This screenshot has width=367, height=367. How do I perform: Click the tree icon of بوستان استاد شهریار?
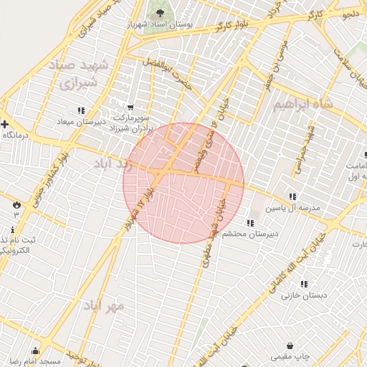159,13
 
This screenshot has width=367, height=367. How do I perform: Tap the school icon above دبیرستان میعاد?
80,110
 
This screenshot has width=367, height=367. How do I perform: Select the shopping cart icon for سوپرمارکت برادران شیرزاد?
130,107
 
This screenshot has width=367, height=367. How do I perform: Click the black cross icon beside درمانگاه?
4,123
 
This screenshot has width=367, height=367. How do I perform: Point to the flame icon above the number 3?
16,204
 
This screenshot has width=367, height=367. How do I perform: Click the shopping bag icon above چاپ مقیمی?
290,345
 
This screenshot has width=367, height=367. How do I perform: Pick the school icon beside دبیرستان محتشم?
249,222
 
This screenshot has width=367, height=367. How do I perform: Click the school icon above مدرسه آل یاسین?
292,196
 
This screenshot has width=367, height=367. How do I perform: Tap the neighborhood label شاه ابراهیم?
304,105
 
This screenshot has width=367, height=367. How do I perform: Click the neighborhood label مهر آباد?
105,306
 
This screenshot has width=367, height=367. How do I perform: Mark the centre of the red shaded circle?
183,183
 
